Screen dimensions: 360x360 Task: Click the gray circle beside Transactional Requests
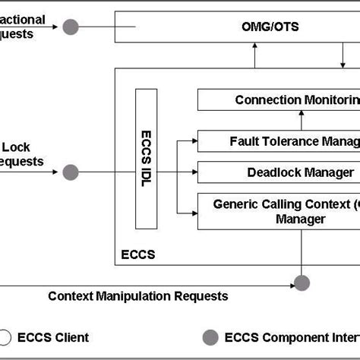click(x=71, y=27)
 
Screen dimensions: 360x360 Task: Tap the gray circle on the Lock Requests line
click(x=71, y=172)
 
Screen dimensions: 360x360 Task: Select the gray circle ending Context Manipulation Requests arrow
click(x=302, y=283)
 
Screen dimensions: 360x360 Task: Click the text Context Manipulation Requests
click(x=137, y=296)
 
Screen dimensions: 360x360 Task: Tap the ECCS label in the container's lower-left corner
click(x=137, y=254)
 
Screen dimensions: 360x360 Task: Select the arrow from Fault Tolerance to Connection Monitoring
click(x=302, y=121)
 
